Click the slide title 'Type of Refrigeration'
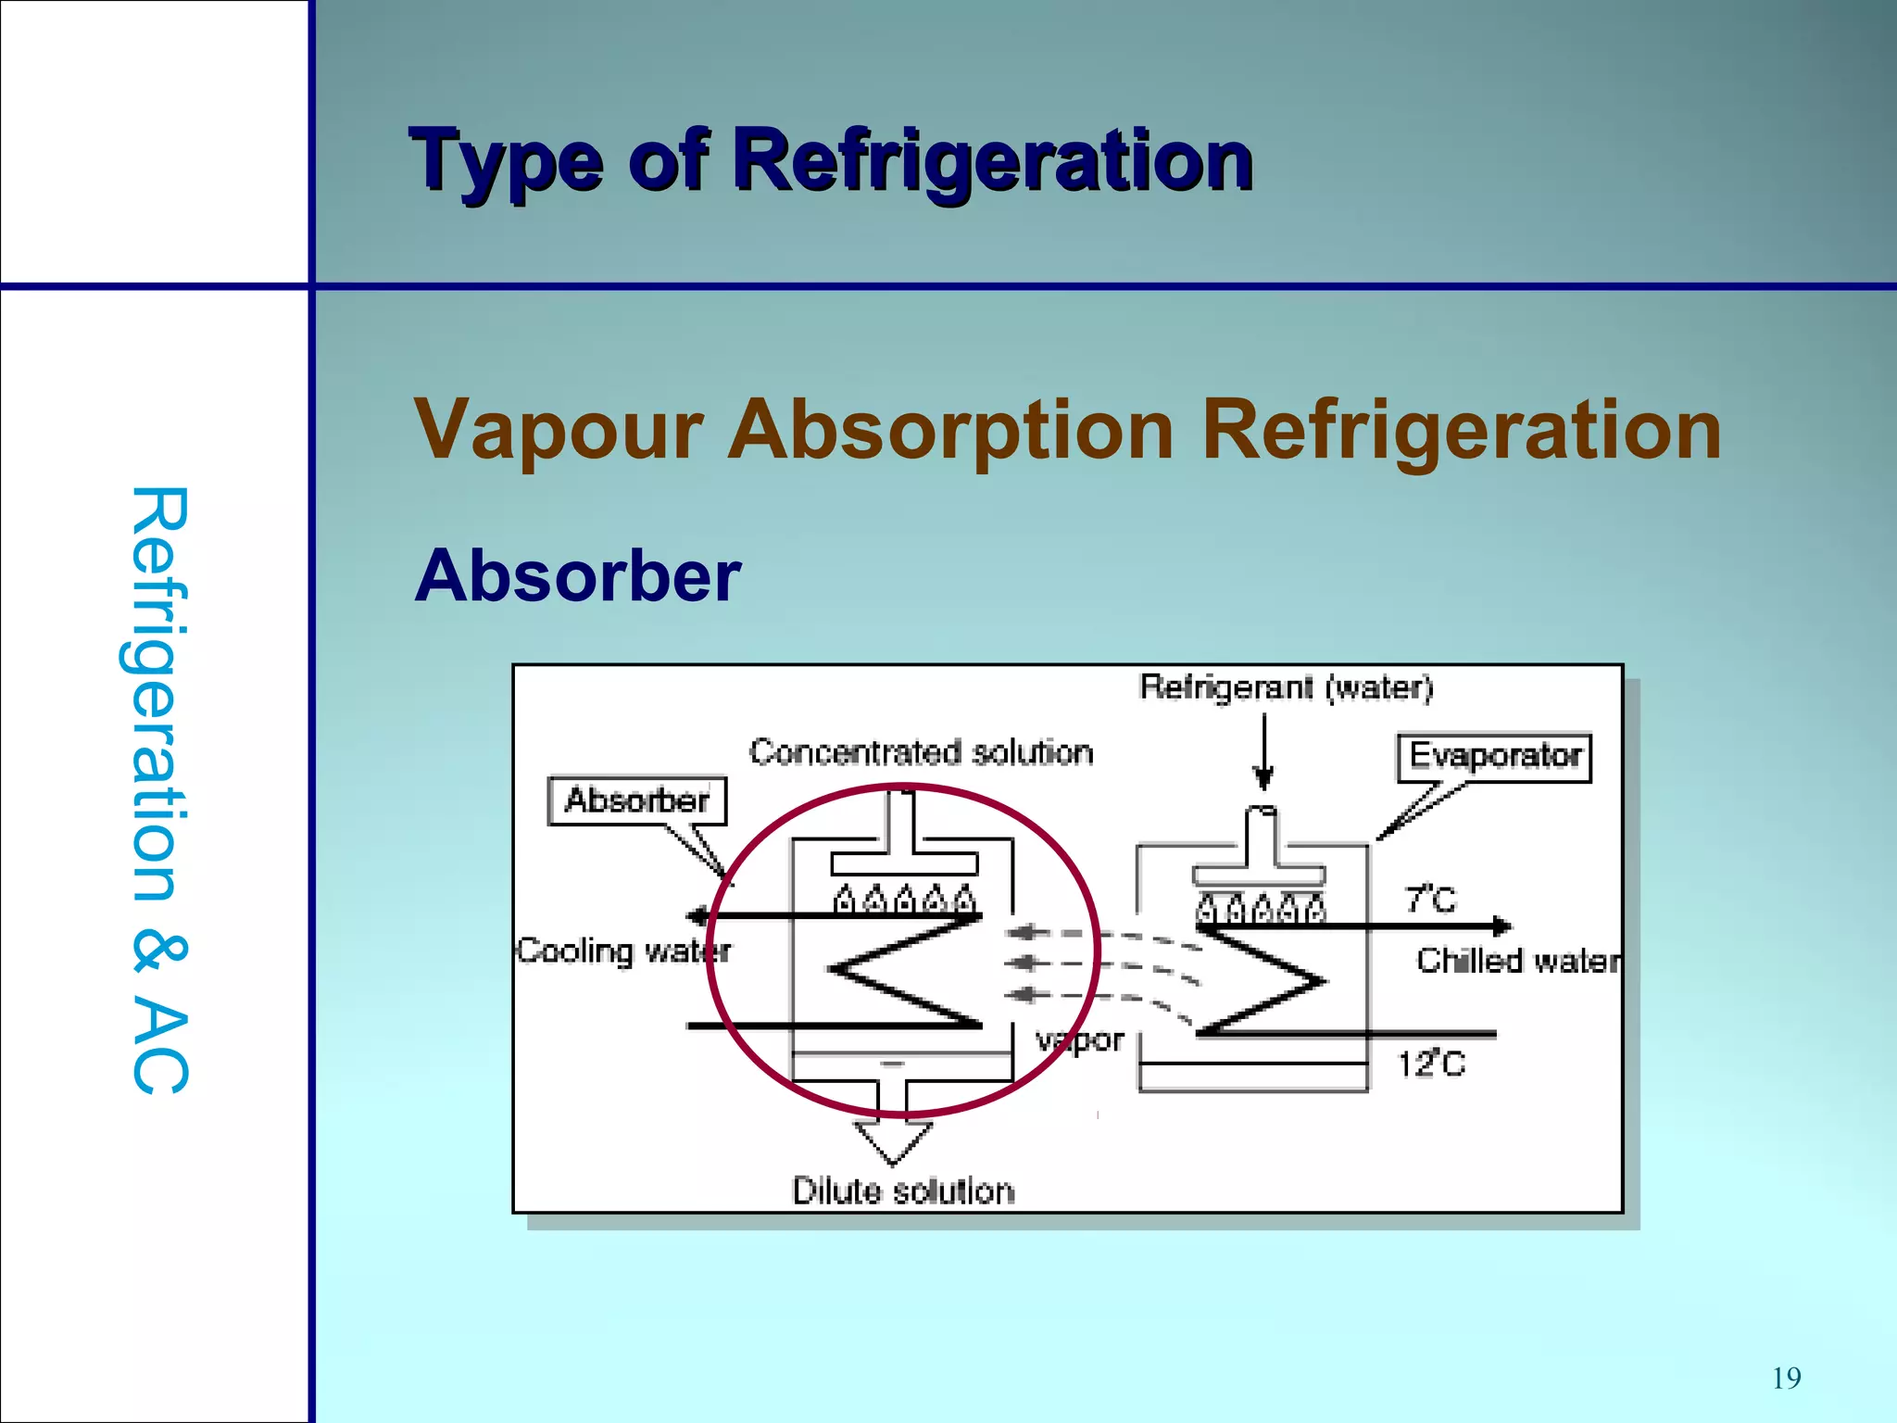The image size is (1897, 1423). [831, 161]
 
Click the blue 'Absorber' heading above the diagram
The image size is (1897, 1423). [577, 576]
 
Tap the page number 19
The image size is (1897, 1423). [1786, 1379]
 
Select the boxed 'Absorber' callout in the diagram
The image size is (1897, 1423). [636, 800]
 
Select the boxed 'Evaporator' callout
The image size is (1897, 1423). [1494, 757]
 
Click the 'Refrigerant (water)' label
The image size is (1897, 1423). [1286, 687]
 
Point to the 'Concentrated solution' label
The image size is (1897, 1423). [921, 752]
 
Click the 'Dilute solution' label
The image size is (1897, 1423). [903, 1191]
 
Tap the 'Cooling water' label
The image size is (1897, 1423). [622, 951]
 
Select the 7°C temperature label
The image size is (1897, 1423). [1430, 899]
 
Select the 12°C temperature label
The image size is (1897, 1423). [1431, 1064]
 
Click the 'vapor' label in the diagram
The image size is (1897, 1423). [1080, 1040]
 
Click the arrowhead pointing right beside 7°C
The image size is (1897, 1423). [1501, 926]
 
